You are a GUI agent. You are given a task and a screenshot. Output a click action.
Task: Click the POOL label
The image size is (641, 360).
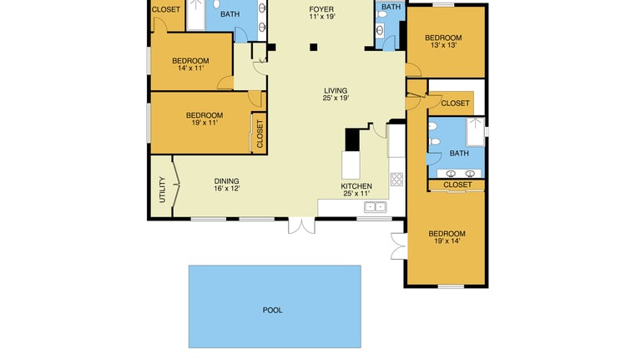pyautogui.click(x=272, y=310)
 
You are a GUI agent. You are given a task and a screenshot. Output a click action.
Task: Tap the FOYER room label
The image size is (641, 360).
pyautogui.click(x=321, y=13)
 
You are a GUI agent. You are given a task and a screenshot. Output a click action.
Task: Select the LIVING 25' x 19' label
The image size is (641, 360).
pyautogui.click(x=336, y=94)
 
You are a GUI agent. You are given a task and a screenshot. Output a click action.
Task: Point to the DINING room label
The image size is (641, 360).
pyautogui.click(x=226, y=185)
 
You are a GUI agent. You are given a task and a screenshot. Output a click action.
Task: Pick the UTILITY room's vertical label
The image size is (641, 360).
pyautogui.click(x=162, y=190)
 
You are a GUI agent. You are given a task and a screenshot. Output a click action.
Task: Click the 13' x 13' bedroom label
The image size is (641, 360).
pyautogui.click(x=443, y=41)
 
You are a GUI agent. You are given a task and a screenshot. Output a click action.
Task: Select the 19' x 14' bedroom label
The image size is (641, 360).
pyautogui.click(x=447, y=237)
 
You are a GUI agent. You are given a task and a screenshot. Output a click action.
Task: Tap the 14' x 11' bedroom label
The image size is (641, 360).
pyautogui.click(x=190, y=64)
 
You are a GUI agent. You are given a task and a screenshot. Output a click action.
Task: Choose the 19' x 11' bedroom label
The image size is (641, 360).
pyautogui.click(x=204, y=119)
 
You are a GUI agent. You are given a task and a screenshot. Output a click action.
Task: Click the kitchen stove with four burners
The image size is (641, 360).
pyautogui.click(x=396, y=180)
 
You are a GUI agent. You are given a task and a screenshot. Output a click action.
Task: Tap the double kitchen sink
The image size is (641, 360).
pyautogui.click(x=375, y=207)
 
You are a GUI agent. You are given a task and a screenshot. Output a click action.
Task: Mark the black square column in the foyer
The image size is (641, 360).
pyautogui.click(x=314, y=47)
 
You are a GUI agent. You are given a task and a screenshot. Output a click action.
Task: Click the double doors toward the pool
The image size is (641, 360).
pyautogui.click(x=301, y=226)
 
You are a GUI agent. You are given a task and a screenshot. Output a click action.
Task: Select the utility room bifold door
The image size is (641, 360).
pyautogui.click(x=175, y=186)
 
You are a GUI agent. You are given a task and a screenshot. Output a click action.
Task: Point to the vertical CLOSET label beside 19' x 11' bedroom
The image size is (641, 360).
pyautogui.click(x=260, y=134)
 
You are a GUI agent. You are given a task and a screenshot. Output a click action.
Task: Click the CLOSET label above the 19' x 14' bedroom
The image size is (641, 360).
pyautogui.click(x=457, y=185)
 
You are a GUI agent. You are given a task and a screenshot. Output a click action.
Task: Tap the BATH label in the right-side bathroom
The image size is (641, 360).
pyautogui.click(x=459, y=153)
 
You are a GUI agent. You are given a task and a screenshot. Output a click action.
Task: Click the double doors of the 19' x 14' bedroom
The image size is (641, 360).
pyautogui.click(x=399, y=246)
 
